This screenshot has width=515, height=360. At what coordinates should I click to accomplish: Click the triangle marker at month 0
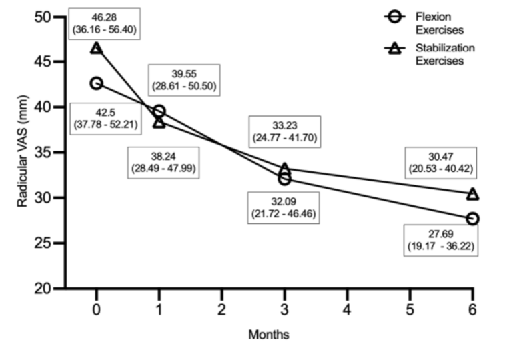pos(97,48)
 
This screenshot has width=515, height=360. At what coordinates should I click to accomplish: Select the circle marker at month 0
pos(97,83)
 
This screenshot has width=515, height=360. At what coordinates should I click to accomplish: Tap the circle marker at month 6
pos(472,219)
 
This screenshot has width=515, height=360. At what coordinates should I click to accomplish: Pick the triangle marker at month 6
pos(472,194)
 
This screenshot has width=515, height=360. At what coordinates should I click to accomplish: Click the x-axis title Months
pos(268,334)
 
